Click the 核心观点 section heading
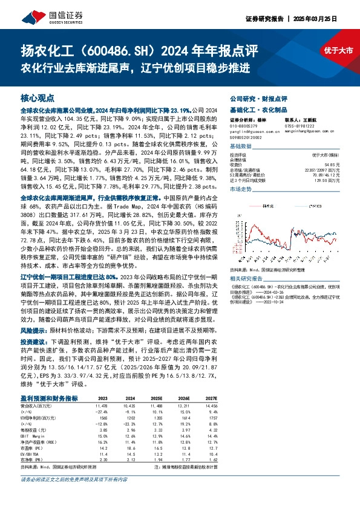pos(38,97)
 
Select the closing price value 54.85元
pos(342,164)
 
